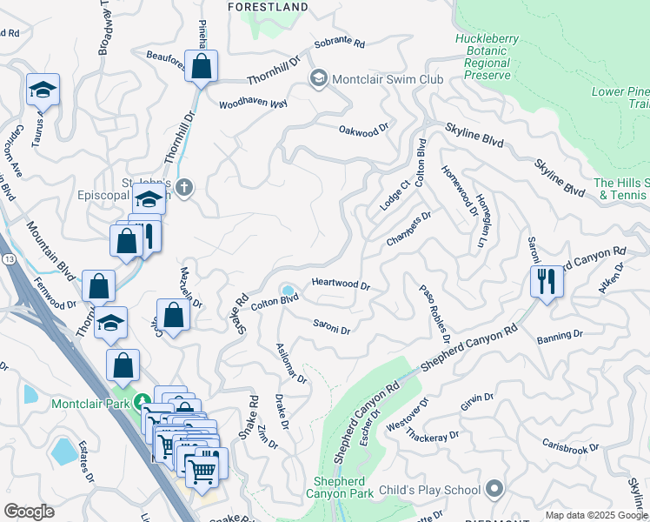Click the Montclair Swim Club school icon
coord(318,79)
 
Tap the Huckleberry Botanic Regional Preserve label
coord(493,57)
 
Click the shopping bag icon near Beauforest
coord(201,65)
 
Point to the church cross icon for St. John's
coord(183,186)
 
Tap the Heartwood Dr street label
coord(341,284)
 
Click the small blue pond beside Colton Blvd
coord(288,291)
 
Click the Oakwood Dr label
coord(363,131)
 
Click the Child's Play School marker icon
coord(494,489)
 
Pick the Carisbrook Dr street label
coord(570,440)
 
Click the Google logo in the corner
coord(29,511)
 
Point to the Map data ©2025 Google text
coord(595,515)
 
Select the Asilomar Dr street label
coord(291,362)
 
